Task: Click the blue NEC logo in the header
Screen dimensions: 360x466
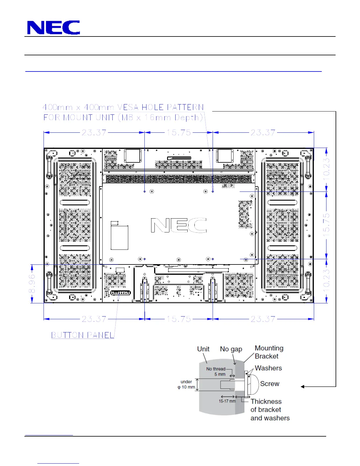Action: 54,27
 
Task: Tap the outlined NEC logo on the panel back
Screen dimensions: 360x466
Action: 179,225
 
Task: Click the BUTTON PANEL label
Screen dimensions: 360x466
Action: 83,335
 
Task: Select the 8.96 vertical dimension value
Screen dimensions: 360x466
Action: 32,284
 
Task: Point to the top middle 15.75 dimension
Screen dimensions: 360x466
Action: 179,132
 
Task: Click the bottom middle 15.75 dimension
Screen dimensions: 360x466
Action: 179,319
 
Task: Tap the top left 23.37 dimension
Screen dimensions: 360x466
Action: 94,132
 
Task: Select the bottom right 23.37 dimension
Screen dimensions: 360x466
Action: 263,319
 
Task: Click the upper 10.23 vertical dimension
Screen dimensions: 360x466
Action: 326,170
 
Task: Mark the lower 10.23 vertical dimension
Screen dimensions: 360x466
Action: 326,281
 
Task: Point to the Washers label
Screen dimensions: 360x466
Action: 268,368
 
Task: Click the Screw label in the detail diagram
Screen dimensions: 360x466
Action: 269,384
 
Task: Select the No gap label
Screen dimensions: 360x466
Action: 231,349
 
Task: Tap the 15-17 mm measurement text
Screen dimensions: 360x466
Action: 227,401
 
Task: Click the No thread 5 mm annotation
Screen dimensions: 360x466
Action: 216,372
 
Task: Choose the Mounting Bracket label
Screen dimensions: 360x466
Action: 269,352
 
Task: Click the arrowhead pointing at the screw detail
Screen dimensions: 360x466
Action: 302,387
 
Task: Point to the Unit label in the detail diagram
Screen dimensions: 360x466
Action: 203,349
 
